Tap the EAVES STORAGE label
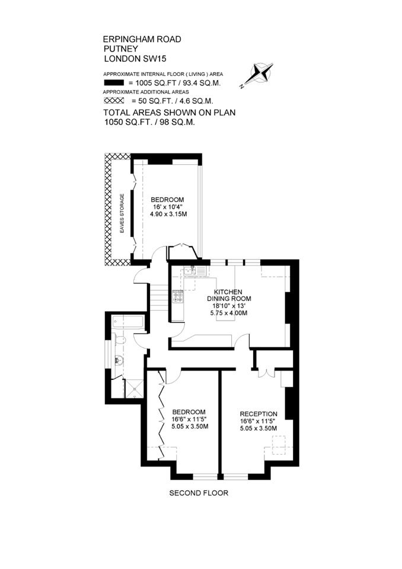point(122,213)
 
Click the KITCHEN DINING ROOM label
point(229,295)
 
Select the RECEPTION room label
point(259,414)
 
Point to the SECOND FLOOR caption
point(199,493)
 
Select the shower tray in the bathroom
point(134,388)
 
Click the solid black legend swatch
point(114,82)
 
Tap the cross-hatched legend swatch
point(114,101)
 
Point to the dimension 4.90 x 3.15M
point(168,214)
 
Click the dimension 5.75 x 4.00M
point(229,312)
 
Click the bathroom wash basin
point(119,361)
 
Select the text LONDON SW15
point(135,59)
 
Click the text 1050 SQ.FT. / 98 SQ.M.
point(149,122)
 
